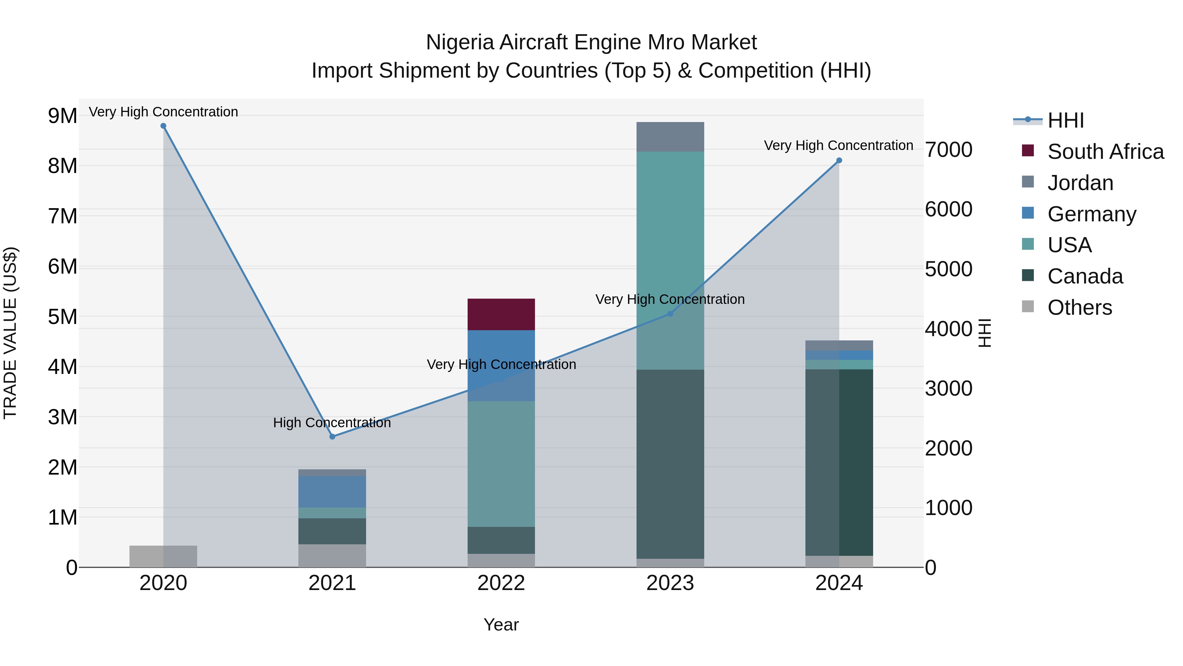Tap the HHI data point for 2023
click(670, 314)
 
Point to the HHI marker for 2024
click(839, 160)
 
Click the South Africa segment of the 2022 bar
click(501, 314)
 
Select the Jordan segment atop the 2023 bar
click(670, 137)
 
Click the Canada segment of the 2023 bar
click(670, 464)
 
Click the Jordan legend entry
click(1080, 183)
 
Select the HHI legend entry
click(1065, 120)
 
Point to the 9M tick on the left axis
click(63, 116)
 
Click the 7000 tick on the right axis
click(948, 150)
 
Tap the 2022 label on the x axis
click(501, 583)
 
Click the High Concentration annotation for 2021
click(332, 422)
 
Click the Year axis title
click(501, 625)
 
